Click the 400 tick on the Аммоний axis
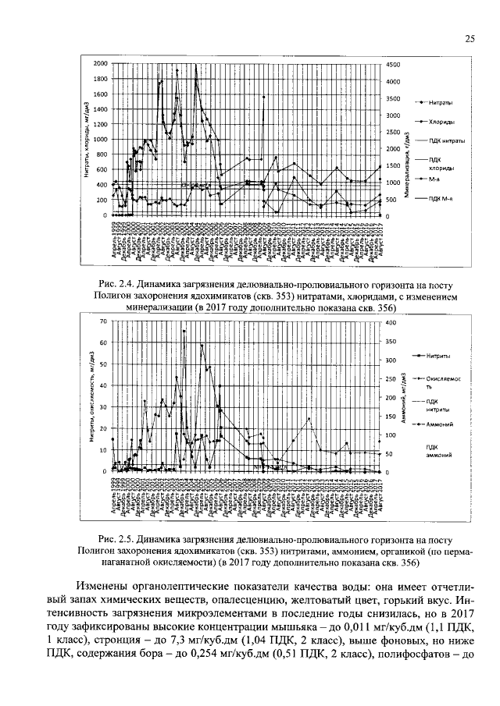click(x=391, y=322)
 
